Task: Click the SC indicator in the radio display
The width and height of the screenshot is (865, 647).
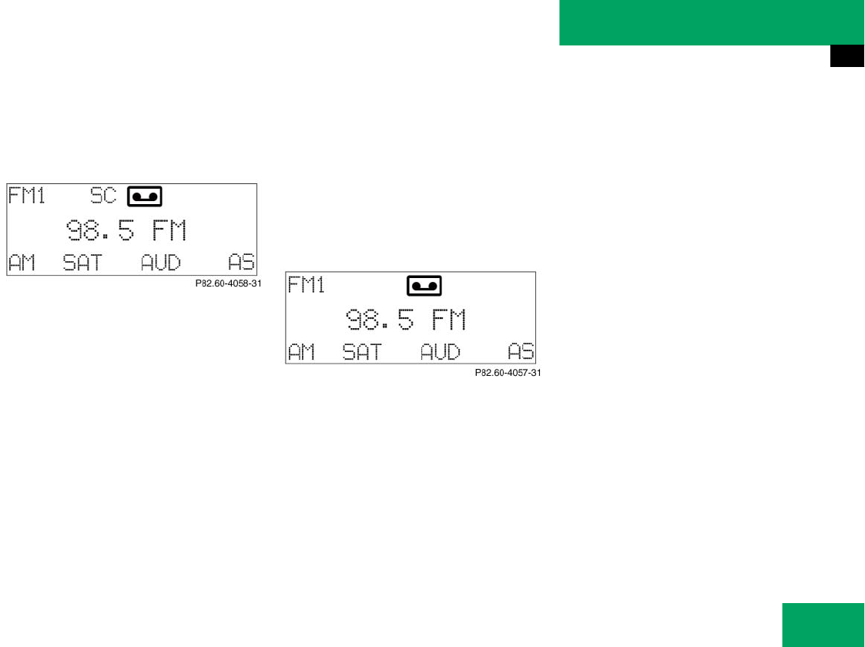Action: (x=103, y=196)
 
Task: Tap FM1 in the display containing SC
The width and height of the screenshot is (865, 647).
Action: (x=27, y=196)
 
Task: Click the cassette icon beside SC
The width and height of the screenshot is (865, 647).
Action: (x=145, y=196)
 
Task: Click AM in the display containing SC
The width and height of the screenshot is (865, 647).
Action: (x=22, y=263)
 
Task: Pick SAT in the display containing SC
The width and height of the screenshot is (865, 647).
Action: (x=82, y=263)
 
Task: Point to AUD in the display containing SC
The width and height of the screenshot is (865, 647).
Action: (x=160, y=263)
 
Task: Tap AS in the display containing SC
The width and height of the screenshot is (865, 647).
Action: (x=241, y=263)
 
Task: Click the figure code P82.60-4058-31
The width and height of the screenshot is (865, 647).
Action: (x=229, y=283)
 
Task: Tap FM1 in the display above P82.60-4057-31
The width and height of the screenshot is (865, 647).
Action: (x=306, y=285)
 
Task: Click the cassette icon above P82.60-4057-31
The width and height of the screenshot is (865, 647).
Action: (x=424, y=286)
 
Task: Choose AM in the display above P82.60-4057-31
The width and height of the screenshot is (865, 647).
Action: (x=301, y=353)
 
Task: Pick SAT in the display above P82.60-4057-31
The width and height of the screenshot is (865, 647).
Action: (x=361, y=353)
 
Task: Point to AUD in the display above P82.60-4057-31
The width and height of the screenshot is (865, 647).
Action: (x=440, y=353)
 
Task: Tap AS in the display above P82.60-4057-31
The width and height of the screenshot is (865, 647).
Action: (x=521, y=353)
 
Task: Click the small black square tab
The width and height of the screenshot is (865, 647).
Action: (x=847, y=57)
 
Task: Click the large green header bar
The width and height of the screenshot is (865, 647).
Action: (x=712, y=22)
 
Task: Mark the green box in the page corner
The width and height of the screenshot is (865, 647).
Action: (x=823, y=625)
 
